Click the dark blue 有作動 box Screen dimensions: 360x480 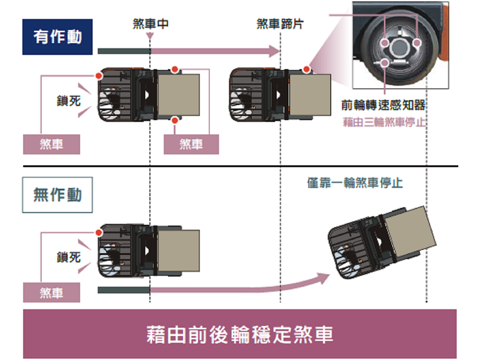pyautogui.click(x=57, y=37)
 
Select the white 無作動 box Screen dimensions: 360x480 pyautogui.click(x=57, y=195)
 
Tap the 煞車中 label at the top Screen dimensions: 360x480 pyautogui.click(x=150, y=24)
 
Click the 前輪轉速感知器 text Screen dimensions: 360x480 pyautogui.click(x=383, y=105)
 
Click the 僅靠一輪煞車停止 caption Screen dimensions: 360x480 pyautogui.click(x=355, y=183)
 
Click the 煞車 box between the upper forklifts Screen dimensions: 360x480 pyautogui.click(x=191, y=144)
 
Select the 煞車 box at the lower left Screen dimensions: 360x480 pyautogui.click(x=51, y=293)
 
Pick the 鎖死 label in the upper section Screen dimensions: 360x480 pyautogui.click(x=69, y=101)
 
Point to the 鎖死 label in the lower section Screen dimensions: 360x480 pyautogui.click(x=69, y=257)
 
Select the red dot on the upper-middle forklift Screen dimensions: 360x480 pyautogui.click(x=306, y=69)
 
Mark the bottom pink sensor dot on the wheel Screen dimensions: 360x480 pyautogui.click(x=385, y=63)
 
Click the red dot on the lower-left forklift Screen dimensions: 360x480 pyautogui.click(x=99, y=232)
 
